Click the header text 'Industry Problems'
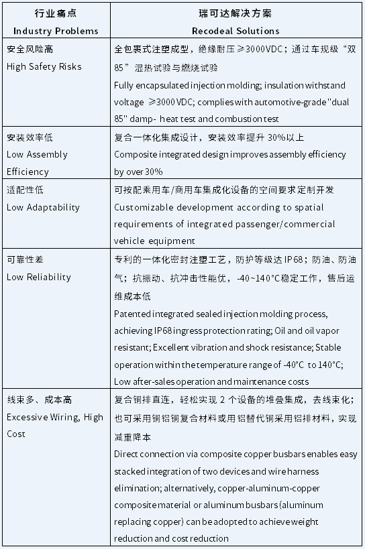click(56, 31)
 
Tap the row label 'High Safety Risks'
click(44, 66)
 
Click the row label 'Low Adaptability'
click(42, 207)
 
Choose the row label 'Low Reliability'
click(38, 277)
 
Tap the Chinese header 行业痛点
click(56, 13)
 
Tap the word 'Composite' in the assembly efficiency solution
click(136, 154)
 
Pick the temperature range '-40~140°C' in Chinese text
click(258, 277)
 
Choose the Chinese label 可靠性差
click(24, 259)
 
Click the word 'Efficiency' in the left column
click(28, 172)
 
